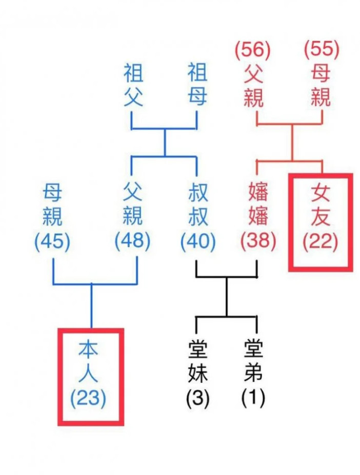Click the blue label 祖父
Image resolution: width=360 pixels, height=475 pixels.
point(132,86)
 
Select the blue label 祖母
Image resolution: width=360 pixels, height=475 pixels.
point(197,86)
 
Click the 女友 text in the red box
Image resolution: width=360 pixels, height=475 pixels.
point(321,205)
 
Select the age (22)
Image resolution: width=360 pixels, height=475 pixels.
point(321,242)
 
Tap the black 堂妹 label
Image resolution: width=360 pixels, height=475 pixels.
point(197,363)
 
